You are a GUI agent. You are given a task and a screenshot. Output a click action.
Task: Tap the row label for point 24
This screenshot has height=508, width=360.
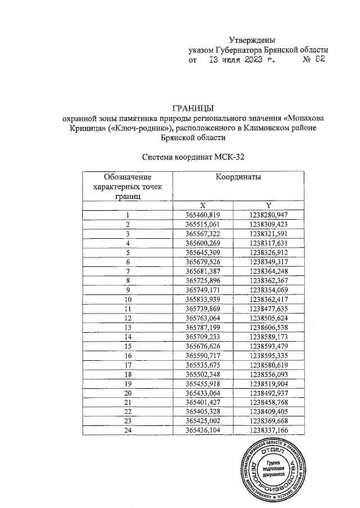(x=128, y=430)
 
